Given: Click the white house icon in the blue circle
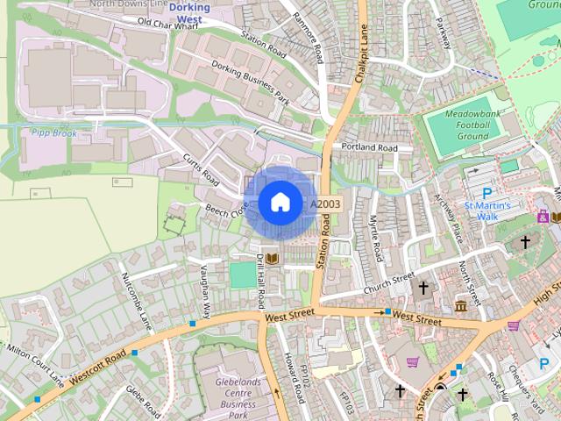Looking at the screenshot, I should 279,203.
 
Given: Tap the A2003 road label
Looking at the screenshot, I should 325,203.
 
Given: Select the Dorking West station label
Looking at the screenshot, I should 190,12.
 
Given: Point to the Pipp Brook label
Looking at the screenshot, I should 53,133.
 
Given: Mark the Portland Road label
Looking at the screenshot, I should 369,147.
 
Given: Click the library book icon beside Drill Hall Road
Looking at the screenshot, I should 273,258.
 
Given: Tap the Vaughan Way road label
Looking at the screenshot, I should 205,290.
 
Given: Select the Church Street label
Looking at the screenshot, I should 387,282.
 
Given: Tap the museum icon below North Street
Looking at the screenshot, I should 461,305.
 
